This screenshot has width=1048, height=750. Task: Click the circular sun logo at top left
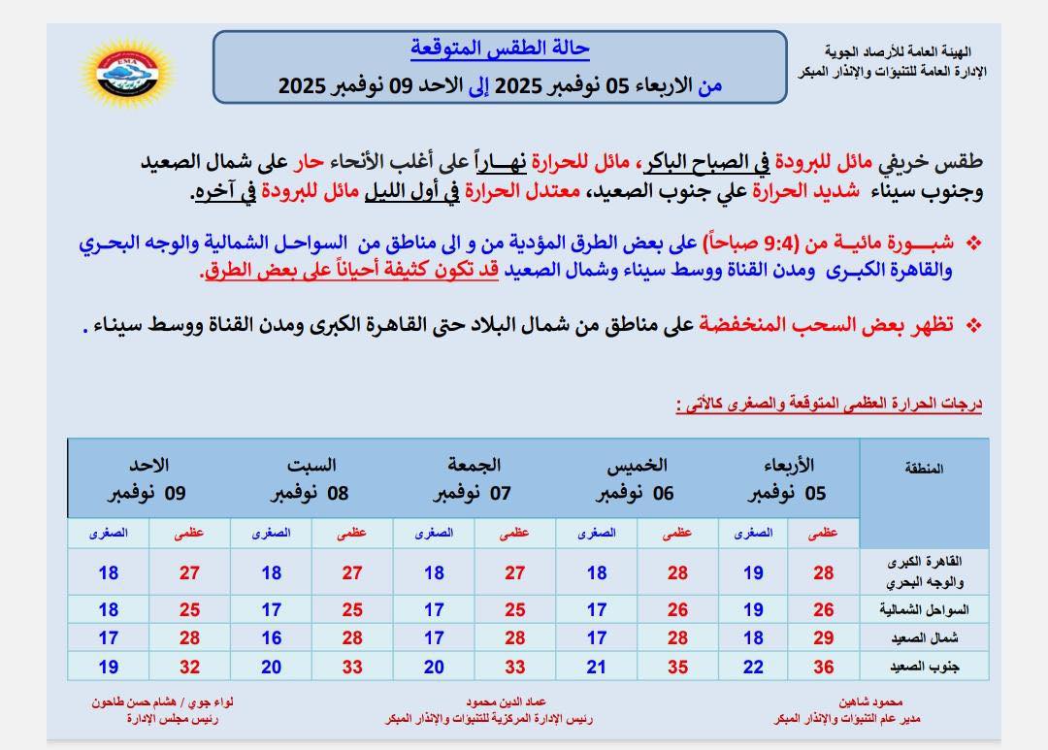(126, 73)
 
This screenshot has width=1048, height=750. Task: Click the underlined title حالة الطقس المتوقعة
(500, 49)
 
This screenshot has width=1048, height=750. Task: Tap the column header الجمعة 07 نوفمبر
(474, 479)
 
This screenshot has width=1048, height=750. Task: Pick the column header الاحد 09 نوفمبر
(147, 479)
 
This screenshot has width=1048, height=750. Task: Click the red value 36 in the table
(824, 666)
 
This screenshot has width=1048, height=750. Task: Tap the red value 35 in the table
(677, 666)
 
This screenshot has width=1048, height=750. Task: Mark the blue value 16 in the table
(272, 638)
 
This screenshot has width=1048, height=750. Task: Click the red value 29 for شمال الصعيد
(824, 638)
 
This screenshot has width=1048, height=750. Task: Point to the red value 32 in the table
(190, 666)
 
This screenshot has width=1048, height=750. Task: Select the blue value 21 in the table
(597, 666)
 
